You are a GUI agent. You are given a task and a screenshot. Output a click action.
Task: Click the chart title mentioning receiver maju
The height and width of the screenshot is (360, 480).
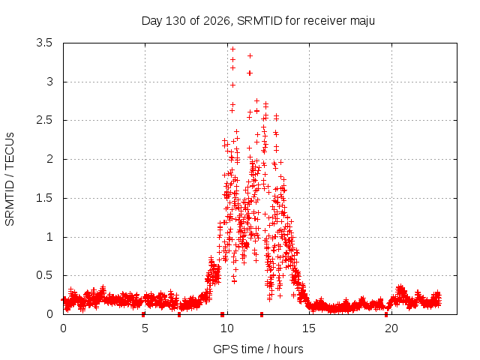pyautogui.click(x=258, y=21)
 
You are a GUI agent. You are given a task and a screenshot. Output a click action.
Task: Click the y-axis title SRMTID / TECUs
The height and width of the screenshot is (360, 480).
pyautogui.click(x=10, y=179)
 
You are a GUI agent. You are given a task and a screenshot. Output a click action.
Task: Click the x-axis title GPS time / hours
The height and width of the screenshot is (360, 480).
pyautogui.click(x=258, y=349)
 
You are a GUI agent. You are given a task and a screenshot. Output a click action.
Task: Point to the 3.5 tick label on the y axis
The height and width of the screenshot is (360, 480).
pyautogui.click(x=44, y=43)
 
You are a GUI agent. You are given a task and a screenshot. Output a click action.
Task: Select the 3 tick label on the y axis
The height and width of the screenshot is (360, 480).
pyautogui.click(x=49, y=82)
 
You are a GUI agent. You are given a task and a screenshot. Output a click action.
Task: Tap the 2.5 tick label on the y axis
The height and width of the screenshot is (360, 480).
pyautogui.click(x=44, y=120)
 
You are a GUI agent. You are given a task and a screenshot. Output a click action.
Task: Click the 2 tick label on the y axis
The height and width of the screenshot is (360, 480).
pyautogui.click(x=49, y=159)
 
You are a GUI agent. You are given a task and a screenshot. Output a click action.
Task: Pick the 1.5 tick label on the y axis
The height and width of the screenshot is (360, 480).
pyautogui.click(x=44, y=198)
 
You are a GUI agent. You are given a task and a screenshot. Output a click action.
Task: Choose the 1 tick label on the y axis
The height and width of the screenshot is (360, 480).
pyautogui.click(x=49, y=237)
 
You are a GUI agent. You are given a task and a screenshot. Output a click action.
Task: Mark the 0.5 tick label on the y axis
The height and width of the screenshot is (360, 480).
pyautogui.click(x=44, y=275)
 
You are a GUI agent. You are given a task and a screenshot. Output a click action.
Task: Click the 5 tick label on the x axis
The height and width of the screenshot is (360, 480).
pyautogui.click(x=145, y=328)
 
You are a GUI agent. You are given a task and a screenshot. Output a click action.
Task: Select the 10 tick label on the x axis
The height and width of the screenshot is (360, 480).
pyautogui.click(x=226, y=328)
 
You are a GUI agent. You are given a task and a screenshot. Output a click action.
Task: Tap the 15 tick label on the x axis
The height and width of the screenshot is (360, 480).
pyautogui.click(x=309, y=328)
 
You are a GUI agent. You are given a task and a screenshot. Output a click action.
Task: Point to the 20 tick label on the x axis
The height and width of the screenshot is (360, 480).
pyautogui.click(x=391, y=328)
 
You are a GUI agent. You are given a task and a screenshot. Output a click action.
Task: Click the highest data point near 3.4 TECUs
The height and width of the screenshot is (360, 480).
pyautogui.click(x=232, y=49)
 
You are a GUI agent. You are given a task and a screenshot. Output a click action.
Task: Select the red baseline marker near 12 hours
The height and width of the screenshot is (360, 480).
pyautogui.click(x=262, y=314)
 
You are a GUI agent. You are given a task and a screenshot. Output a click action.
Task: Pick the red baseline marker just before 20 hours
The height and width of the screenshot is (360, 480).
pyautogui.click(x=386, y=314)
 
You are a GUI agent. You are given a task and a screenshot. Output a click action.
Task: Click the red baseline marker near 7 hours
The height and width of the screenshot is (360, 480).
pyautogui.click(x=179, y=314)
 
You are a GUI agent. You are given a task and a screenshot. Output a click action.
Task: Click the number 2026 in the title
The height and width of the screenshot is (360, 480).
pyautogui.click(x=217, y=21)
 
